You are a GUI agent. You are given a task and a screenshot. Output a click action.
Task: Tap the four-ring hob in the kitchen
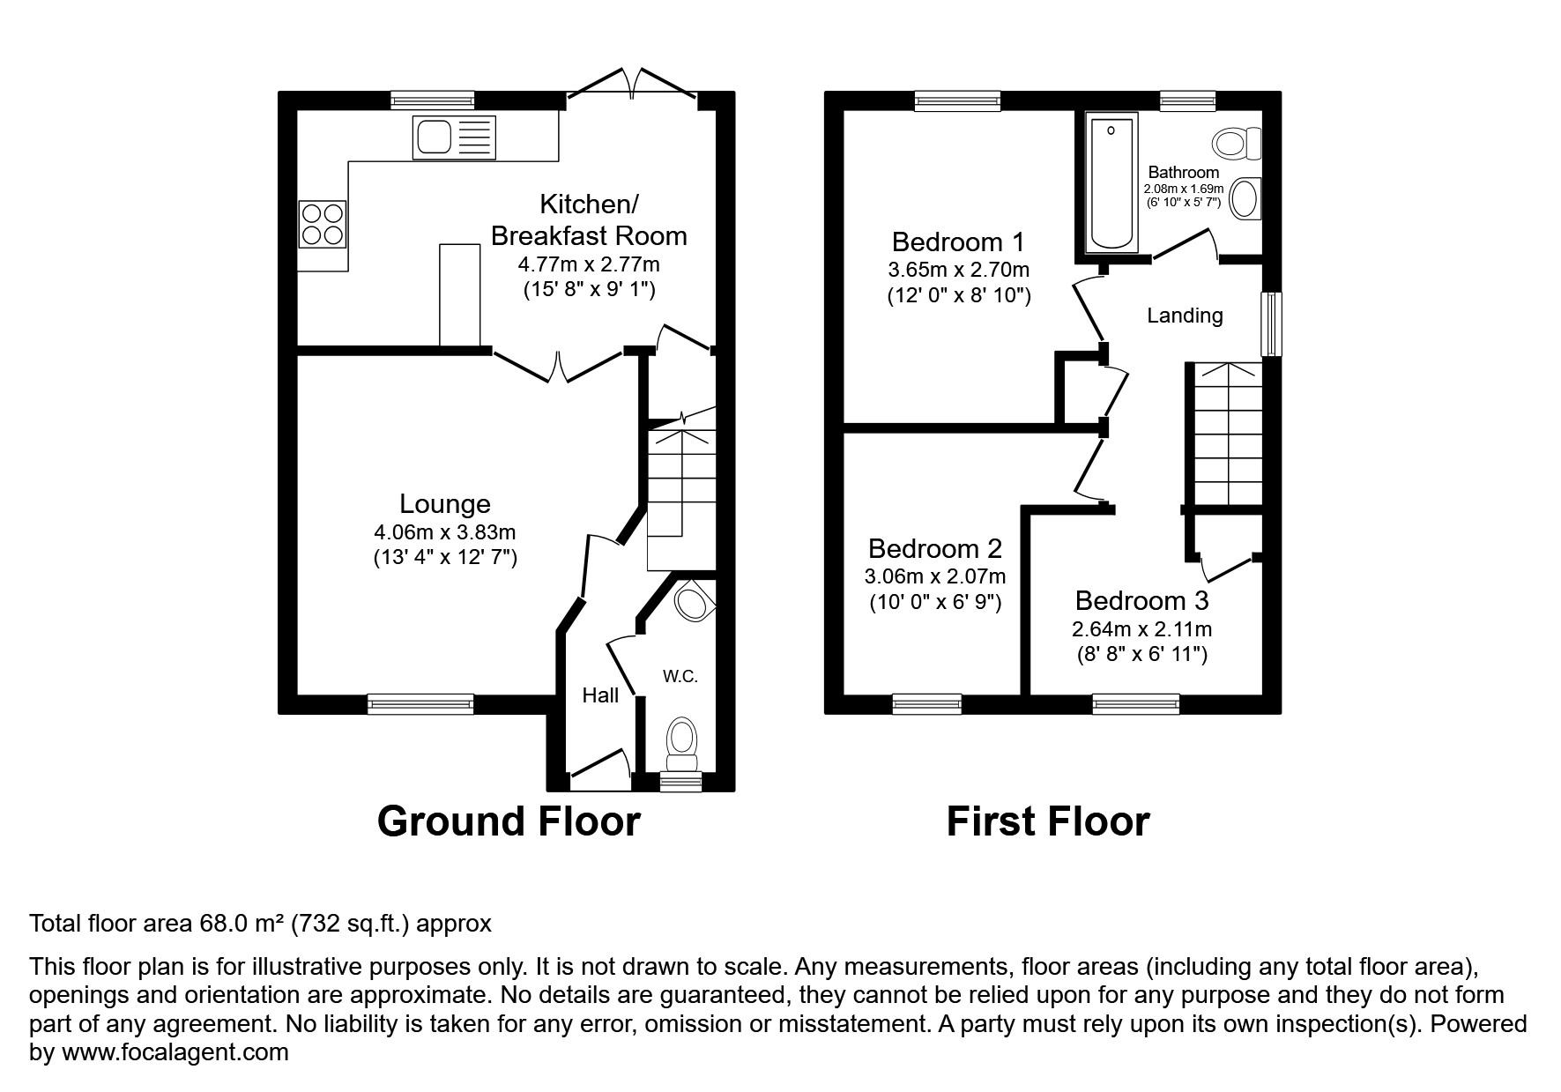(322, 224)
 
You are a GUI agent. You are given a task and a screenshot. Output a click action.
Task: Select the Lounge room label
(444, 504)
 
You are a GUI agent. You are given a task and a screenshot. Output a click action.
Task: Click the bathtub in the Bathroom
(1111, 183)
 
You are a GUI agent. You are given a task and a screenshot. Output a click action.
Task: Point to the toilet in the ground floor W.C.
(680, 741)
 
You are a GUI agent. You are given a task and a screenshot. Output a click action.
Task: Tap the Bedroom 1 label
(958, 241)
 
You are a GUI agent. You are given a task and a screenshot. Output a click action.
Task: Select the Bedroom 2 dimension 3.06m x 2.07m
(934, 577)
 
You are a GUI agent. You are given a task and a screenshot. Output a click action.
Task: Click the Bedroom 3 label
(1141, 601)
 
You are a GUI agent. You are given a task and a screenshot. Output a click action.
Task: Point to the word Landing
(1184, 316)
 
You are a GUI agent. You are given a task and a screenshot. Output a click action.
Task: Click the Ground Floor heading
(509, 821)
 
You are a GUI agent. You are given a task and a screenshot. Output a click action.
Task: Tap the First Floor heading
(1047, 821)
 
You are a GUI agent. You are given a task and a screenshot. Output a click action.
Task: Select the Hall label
(600, 695)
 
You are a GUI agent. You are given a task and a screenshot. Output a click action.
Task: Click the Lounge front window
(420, 703)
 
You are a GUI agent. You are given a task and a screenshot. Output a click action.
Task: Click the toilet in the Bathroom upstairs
(1238, 142)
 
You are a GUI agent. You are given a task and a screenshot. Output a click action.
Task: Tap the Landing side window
(1270, 323)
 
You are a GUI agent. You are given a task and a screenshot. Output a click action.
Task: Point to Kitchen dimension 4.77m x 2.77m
(588, 264)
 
